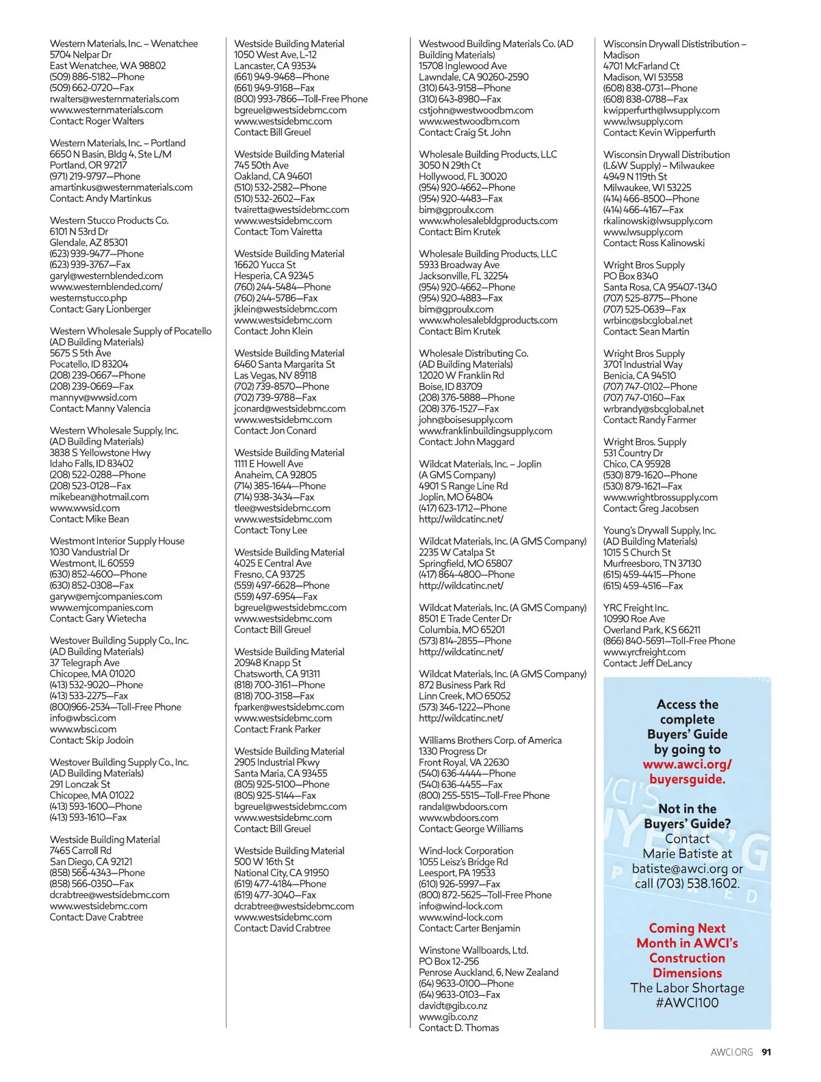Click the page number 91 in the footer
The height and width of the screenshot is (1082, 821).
[x=766, y=1052]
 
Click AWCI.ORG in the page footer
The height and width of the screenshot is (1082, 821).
[x=731, y=1052]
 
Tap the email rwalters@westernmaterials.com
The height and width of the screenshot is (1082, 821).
[x=114, y=98]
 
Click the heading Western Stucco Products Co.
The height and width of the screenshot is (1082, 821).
[x=109, y=220]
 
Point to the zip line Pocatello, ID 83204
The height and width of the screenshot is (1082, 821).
[x=89, y=364]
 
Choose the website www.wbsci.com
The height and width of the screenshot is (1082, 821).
[x=83, y=729]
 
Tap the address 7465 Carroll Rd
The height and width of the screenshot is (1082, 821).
[x=80, y=851]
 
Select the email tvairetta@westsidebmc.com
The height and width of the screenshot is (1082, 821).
[x=291, y=209]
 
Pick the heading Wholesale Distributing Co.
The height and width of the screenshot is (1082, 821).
[x=473, y=353]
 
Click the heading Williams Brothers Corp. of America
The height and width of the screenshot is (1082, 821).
[x=490, y=740]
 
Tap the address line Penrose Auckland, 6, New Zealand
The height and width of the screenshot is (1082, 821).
[x=488, y=972]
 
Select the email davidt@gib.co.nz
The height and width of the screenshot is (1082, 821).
[x=453, y=1005]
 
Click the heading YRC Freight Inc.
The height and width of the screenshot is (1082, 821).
[x=636, y=607]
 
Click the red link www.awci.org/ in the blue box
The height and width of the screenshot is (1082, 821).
[x=687, y=764]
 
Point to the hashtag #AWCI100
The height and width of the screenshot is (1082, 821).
[x=687, y=1003]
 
